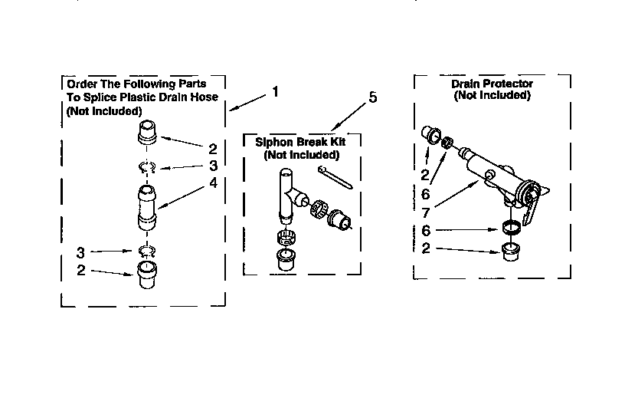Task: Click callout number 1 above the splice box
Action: point(275,92)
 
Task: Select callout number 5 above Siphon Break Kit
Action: point(373,97)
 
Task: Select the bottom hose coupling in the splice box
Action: point(148,275)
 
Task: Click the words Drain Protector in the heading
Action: point(492,84)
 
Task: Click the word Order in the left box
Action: point(81,84)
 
